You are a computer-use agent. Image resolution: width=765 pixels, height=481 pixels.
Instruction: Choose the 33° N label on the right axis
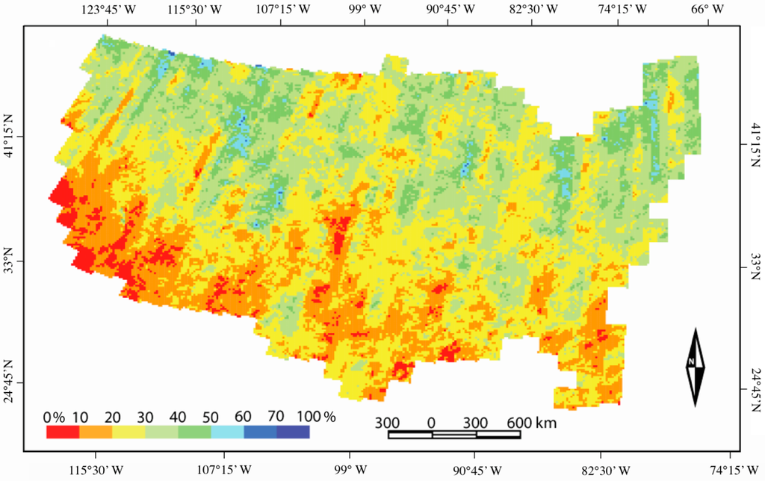(x=755, y=264)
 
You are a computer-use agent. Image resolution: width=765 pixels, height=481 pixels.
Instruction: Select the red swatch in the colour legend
(x=63, y=431)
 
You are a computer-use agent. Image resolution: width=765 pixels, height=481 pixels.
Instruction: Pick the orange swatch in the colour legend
(x=96, y=431)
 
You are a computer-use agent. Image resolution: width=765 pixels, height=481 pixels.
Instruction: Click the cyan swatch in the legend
(x=227, y=431)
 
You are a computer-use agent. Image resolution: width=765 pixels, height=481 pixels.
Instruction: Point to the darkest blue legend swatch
(x=293, y=431)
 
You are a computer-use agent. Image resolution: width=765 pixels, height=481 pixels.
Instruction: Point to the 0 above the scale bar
(x=431, y=423)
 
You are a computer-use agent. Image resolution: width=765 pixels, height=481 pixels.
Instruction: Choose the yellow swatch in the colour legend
(x=128, y=431)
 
